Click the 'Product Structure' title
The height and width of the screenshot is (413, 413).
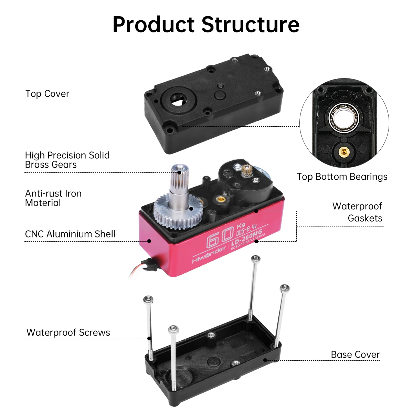(206, 25)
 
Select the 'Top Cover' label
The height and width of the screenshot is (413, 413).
(47, 94)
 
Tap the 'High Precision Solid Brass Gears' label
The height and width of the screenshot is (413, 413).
(67, 160)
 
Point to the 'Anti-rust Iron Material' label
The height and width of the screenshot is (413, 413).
(53, 198)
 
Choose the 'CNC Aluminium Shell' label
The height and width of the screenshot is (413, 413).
(70, 234)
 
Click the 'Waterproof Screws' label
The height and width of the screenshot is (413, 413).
(68, 333)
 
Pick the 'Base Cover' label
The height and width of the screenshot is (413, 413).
(355, 355)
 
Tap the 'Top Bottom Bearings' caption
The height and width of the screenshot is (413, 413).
(342, 177)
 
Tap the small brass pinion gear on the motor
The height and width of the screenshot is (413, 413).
(248, 169)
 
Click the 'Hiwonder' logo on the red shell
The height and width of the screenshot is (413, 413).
(209, 255)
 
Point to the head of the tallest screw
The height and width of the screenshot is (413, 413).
(255, 259)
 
